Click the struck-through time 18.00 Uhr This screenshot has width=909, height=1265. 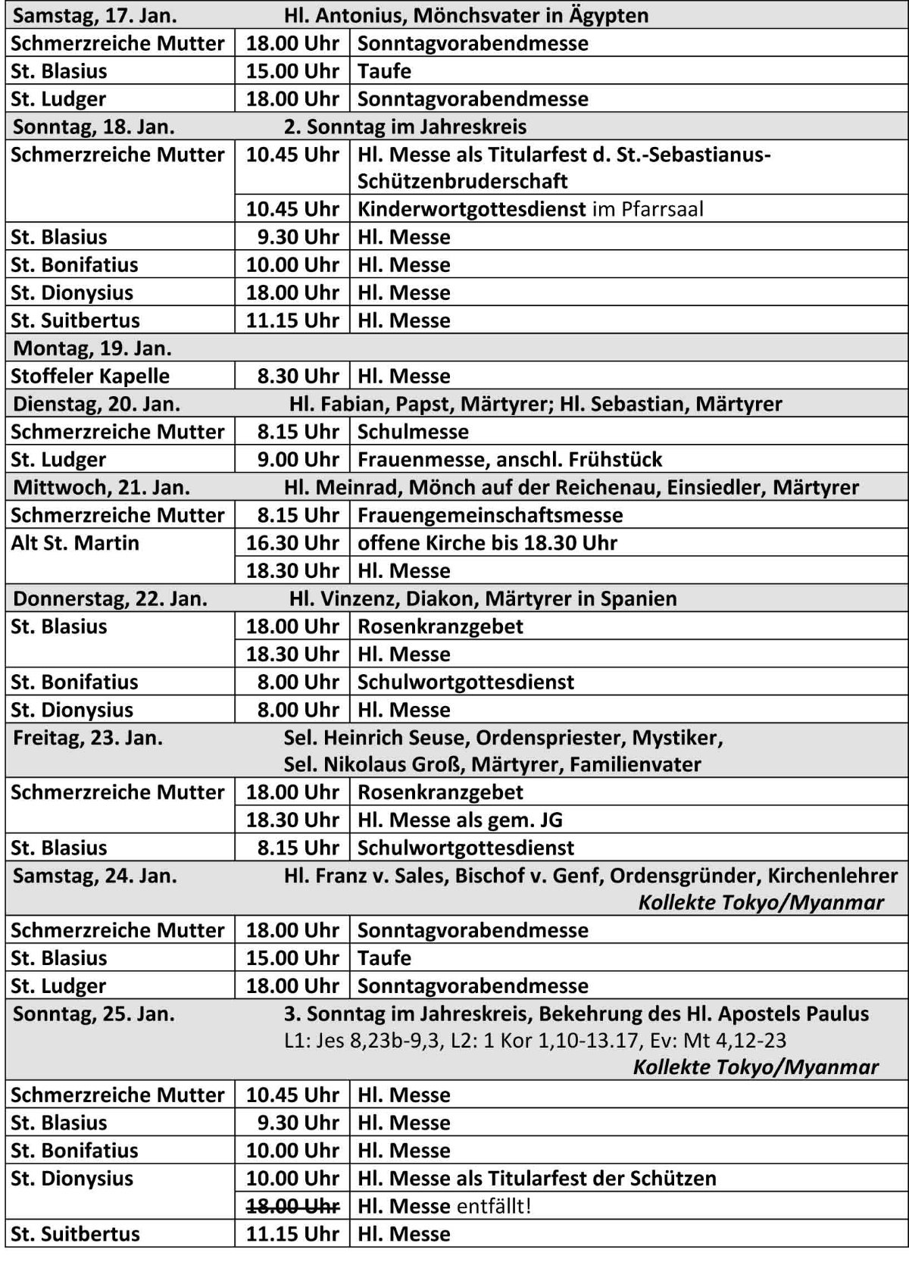point(292,1205)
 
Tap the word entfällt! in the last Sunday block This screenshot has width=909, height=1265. point(493,1205)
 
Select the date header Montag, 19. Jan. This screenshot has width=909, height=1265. point(92,348)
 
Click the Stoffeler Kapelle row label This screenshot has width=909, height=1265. point(90,376)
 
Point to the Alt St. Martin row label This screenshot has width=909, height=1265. point(75,543)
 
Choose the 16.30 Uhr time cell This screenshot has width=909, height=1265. point(292,543)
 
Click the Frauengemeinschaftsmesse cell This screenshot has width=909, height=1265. point(490,515)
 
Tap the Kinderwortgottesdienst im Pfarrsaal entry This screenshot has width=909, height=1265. point(530,209)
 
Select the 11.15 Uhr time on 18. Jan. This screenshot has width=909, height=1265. point(292,320)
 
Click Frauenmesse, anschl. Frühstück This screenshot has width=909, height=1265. point(510,460)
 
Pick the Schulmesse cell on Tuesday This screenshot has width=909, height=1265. point(413,432)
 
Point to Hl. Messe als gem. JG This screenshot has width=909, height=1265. point(460,820)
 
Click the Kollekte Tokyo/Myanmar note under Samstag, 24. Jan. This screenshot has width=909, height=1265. point(761,902)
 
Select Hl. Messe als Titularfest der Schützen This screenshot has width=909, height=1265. point(536,1178)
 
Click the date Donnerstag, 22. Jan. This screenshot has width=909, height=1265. point(110,598)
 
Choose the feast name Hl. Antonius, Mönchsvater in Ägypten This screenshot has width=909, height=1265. point(467,15)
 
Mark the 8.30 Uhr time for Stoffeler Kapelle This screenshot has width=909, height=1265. point(298,376)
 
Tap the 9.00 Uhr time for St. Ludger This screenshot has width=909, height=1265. point(298,460)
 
